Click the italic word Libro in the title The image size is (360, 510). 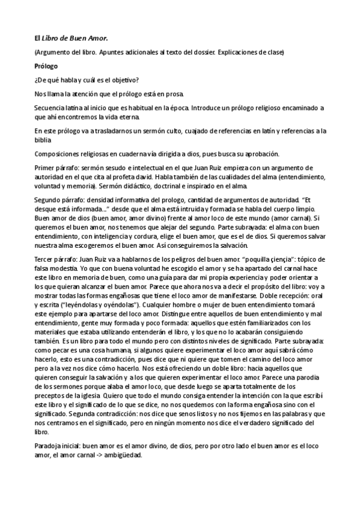click(51, 38)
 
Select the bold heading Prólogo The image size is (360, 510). click(46, 66)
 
